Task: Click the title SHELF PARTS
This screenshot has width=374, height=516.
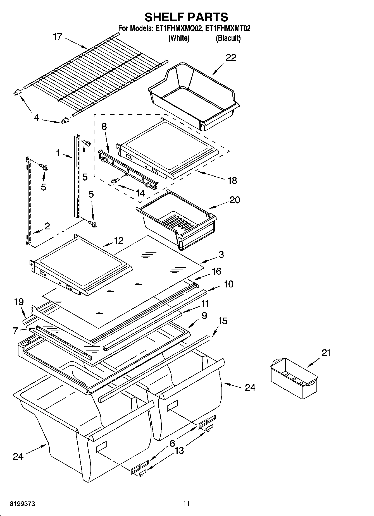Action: pos(186,17)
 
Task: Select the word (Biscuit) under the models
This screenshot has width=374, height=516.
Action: pos(228,38)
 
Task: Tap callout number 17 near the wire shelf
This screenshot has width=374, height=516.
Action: pos(57,37)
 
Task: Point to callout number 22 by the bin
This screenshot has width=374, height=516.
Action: pos(231,58)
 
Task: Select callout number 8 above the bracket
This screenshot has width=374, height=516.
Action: pos(104,127)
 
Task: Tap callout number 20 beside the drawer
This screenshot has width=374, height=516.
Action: pos(235,200)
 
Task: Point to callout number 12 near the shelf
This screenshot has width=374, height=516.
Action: pos(119,241)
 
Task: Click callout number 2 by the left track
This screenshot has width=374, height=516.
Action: pos(47,226)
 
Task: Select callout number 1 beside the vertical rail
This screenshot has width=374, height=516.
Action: pos(58,153)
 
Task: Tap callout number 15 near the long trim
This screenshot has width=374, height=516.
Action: pos(222,321)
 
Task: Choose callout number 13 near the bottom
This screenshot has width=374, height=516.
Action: pos(179,451)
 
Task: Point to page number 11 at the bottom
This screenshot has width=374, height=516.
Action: pos(186,503)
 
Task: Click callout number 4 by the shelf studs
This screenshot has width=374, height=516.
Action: pos(36,118)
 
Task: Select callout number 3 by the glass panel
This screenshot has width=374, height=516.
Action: pos(221,254)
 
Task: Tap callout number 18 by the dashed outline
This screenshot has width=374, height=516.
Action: pos(232,181)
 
